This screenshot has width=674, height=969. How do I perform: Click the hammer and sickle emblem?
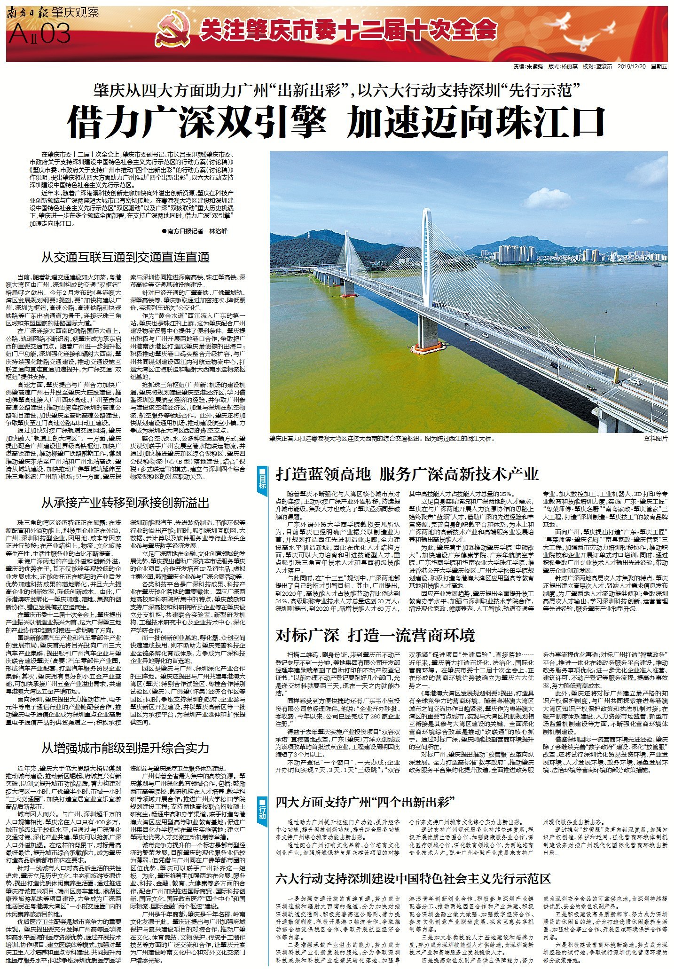tap(173, 31)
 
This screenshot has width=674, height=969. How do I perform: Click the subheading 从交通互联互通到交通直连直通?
tap(125, 257)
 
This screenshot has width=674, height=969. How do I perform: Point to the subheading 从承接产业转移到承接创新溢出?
tap(125, 503)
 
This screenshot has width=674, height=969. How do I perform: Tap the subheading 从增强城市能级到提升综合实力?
tap(125, 748)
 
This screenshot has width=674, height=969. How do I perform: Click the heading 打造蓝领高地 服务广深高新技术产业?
tap(407, 474)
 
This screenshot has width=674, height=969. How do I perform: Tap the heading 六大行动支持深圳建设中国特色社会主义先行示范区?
tap(413, 879)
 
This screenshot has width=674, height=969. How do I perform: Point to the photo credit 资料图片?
tap(655, 438)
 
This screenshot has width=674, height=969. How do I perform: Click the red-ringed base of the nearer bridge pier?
tap(427, 348)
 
